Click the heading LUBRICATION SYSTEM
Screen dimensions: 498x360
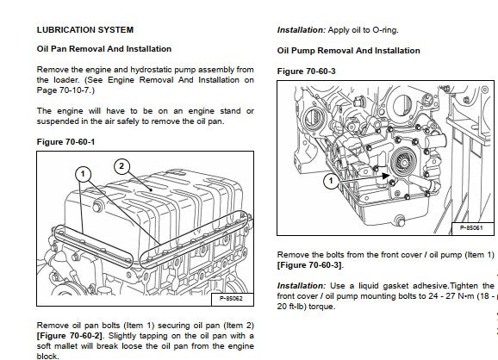tap(85, 30)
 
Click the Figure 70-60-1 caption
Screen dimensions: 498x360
tap(65, 141)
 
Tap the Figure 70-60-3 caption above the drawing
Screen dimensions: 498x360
tap(306, 71)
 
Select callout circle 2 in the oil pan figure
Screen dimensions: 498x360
tap(121, 166)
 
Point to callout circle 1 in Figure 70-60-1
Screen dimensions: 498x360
tap(83, 174)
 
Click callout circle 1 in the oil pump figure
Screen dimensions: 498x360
tap(331, 181)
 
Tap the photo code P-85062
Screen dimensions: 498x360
tap(231, 298)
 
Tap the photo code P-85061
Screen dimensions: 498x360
tap(471, 227)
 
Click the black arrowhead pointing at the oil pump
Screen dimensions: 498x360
tap(385, 176)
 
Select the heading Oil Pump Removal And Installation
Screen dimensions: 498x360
tap(348, 51)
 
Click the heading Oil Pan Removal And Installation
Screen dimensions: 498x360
tap(104, 49)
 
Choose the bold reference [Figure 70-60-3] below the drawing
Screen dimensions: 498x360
tap(309, 264)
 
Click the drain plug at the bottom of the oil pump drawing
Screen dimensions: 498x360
tap(401, 220)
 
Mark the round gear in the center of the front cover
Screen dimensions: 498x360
tap(403, 163)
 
